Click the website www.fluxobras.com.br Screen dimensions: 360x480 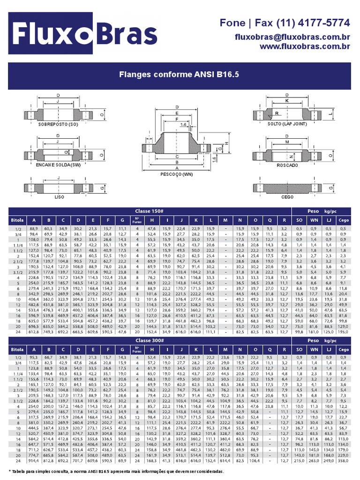click(305, 46)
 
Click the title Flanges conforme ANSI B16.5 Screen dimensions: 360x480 click(179, 74)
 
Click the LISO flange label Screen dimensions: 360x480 click(60, 197)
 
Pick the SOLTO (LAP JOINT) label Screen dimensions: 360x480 click(287, 124)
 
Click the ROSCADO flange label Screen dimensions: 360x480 click(287, 165)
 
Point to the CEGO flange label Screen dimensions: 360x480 click(287, 197)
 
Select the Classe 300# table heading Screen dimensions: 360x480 click(149, 340)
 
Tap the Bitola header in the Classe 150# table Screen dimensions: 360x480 click(17, 220)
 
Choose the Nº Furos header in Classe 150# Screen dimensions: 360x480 click(137, 220)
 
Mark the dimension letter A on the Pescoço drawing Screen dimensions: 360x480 click(177, 167)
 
